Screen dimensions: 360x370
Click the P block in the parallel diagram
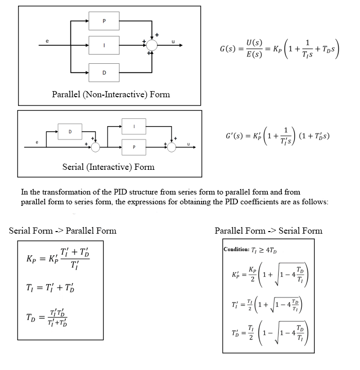104,22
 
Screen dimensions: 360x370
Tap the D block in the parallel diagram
104,72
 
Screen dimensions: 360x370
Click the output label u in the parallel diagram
173,41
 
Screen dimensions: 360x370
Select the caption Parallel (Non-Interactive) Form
111,94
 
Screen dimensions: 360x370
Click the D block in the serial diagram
71,132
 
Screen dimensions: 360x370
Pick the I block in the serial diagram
134,126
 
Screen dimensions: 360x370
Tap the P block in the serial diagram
134,147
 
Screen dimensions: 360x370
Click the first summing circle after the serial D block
95,148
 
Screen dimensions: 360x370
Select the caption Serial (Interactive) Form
108,167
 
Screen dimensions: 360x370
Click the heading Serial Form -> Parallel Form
62,231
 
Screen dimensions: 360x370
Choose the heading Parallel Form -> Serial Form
268,231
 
